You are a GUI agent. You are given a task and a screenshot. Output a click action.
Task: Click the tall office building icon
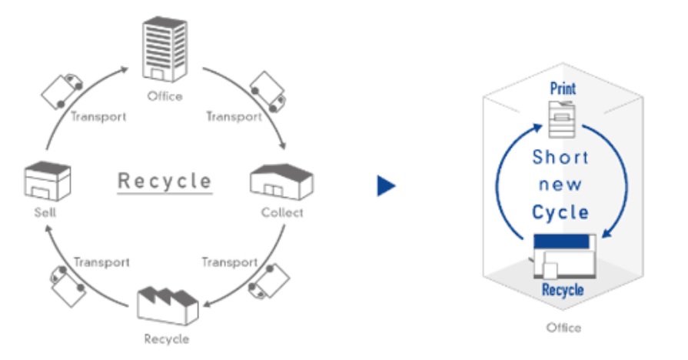tap(165, 49)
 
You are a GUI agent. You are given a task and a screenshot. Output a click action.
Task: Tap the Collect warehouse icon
tap(281, 182)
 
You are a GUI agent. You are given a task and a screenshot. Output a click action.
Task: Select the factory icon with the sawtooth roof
tap(168, 306)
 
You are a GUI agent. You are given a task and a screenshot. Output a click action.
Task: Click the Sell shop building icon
tap(48, 181)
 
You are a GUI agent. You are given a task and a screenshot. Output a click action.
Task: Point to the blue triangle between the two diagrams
tap(386, 185)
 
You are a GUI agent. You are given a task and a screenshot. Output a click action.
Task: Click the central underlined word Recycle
tap(165, 182)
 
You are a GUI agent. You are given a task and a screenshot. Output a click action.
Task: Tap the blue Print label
tap(563, 88)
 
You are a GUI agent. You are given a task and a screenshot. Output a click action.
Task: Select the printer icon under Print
tap(562, 119)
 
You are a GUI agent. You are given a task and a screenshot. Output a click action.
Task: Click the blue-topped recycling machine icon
tap(565, 256)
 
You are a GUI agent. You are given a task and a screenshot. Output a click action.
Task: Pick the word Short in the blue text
tap(560, 158)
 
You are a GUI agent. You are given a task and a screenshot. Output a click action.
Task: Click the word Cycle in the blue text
tap(560, 212)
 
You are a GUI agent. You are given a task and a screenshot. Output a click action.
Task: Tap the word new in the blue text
tap(560, 185)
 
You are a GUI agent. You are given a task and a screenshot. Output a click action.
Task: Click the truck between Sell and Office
tap(62, 92)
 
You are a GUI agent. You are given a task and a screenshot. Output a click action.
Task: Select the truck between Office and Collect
tap(268, 92)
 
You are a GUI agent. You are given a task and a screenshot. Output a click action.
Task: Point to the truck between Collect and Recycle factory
tap(269, 281)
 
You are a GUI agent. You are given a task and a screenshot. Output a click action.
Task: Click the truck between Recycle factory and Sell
tap(68, 286)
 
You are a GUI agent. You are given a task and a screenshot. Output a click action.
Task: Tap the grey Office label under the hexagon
tap(563, 328)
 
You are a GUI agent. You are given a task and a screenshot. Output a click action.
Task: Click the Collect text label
tap(282, 212)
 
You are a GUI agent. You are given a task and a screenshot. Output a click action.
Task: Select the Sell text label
tap(45, 212)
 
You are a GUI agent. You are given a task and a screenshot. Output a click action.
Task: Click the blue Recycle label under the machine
tap(563, 290)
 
